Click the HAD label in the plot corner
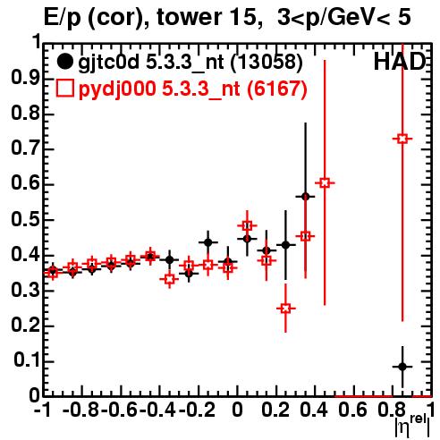tap(400, 62)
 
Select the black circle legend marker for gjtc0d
tap(64, 62)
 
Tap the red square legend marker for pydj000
tap(64, 89)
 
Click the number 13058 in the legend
tap(267, 62)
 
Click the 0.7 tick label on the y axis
tap(25, 148)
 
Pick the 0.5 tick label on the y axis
tap(25, 219)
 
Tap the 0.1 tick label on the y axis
tap(26, 360)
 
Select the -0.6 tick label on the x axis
tap(119, 410)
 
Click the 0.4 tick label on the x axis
tap(314, 410)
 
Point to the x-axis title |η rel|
tap(412, 425)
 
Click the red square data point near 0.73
tap(402, 139)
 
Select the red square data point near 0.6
tap(325, 182)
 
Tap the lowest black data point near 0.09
tap(402, 367)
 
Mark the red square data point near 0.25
tap(285, 309)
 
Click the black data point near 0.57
tap(305, 197)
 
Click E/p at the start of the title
tap(62, 18)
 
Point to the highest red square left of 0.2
tap(247, 225)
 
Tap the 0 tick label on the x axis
tap(237, 410)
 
